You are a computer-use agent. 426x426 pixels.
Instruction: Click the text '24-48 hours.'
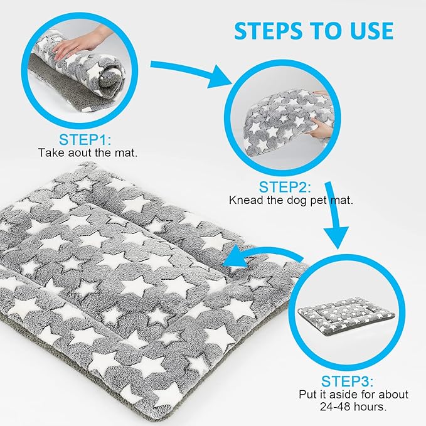(x=353, y=407)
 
